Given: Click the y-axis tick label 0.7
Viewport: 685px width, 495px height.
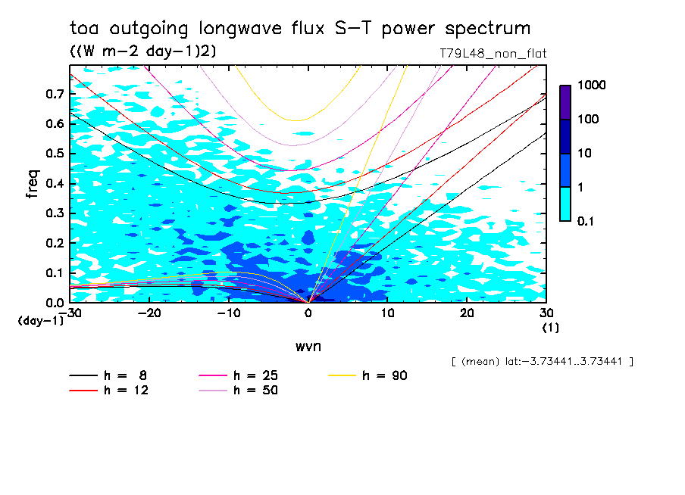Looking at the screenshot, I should (x=54, y=94).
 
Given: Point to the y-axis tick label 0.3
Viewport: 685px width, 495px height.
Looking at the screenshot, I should (x=54, y=213).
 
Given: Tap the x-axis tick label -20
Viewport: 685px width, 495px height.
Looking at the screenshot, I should (x=151, y=313).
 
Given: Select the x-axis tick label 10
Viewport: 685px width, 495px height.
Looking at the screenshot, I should (x=387, y=313).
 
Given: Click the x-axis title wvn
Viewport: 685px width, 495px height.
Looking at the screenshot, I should (x=308, y=346).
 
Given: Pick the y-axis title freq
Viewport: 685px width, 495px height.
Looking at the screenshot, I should (x=32, y=183).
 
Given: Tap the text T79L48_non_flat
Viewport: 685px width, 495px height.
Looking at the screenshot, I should (x=493, y=53).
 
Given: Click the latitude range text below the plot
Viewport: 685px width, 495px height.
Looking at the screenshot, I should (x=542, y=361).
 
